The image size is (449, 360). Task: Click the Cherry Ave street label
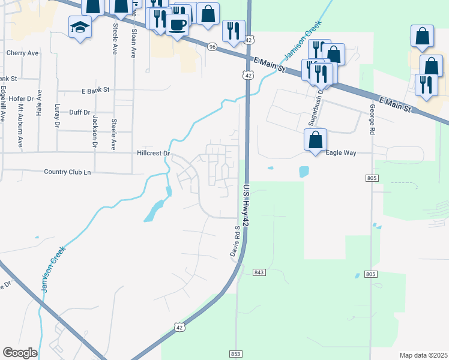[22, 53]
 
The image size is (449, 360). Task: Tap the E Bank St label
[96, 90]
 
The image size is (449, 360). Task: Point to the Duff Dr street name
[79, 112]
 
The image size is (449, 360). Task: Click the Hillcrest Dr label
[154, 154]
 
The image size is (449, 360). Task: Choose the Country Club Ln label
[67, 172]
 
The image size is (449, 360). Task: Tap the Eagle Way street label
[341, 153]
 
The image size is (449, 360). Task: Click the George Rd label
[373, 119]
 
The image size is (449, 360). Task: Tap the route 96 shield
[212, 46]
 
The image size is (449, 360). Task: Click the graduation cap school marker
[80, 27]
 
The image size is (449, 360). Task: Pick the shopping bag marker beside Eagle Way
[315, 140]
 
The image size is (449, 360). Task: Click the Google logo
[20, 353]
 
